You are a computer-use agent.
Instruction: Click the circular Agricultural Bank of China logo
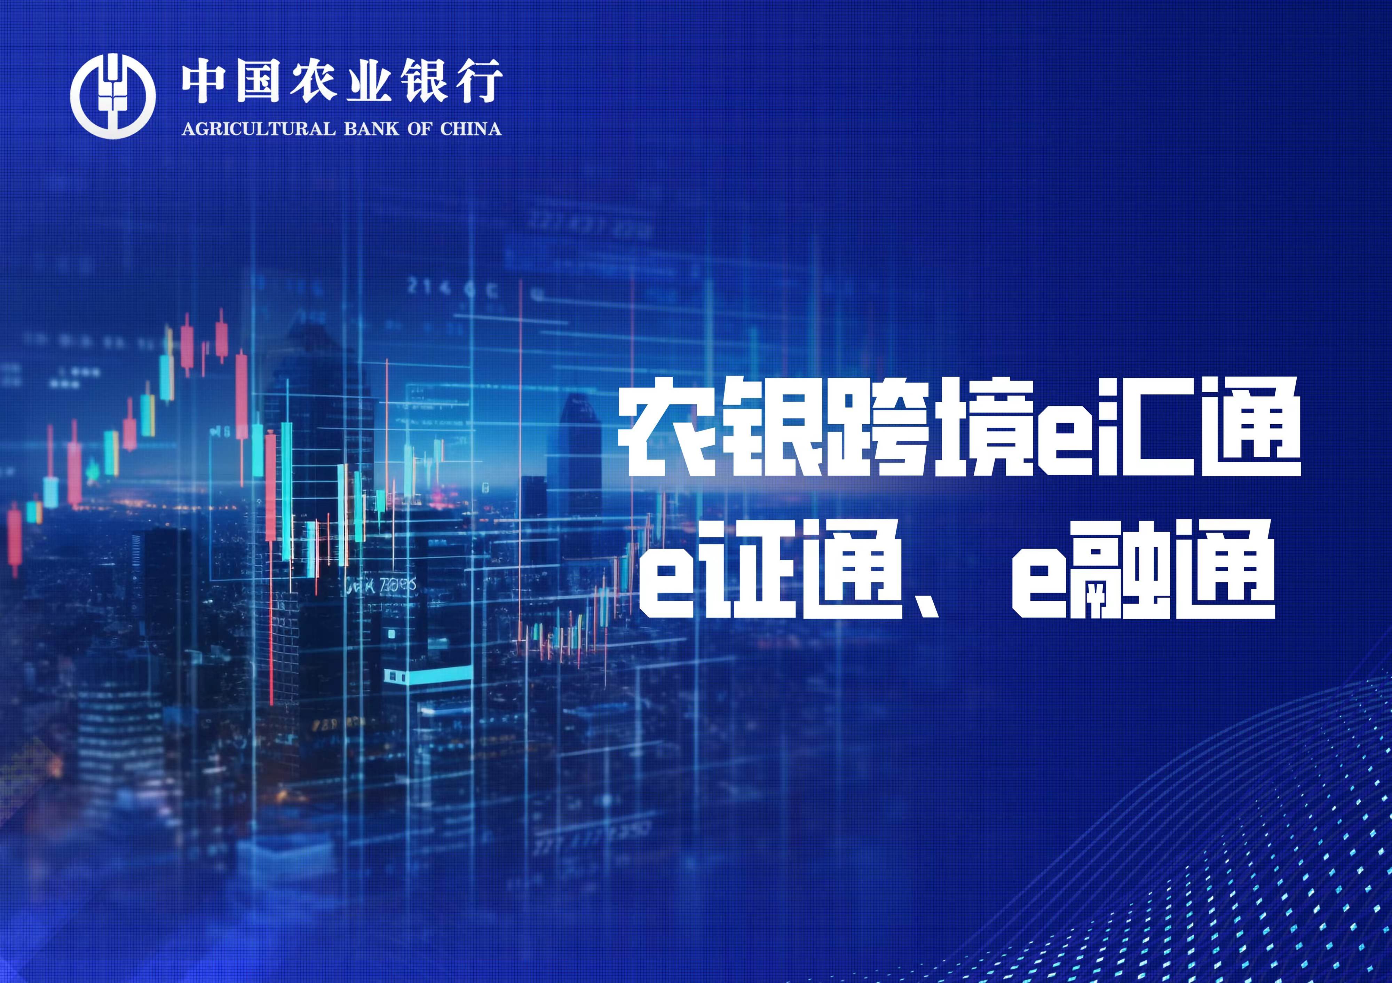[x=113, y=95]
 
